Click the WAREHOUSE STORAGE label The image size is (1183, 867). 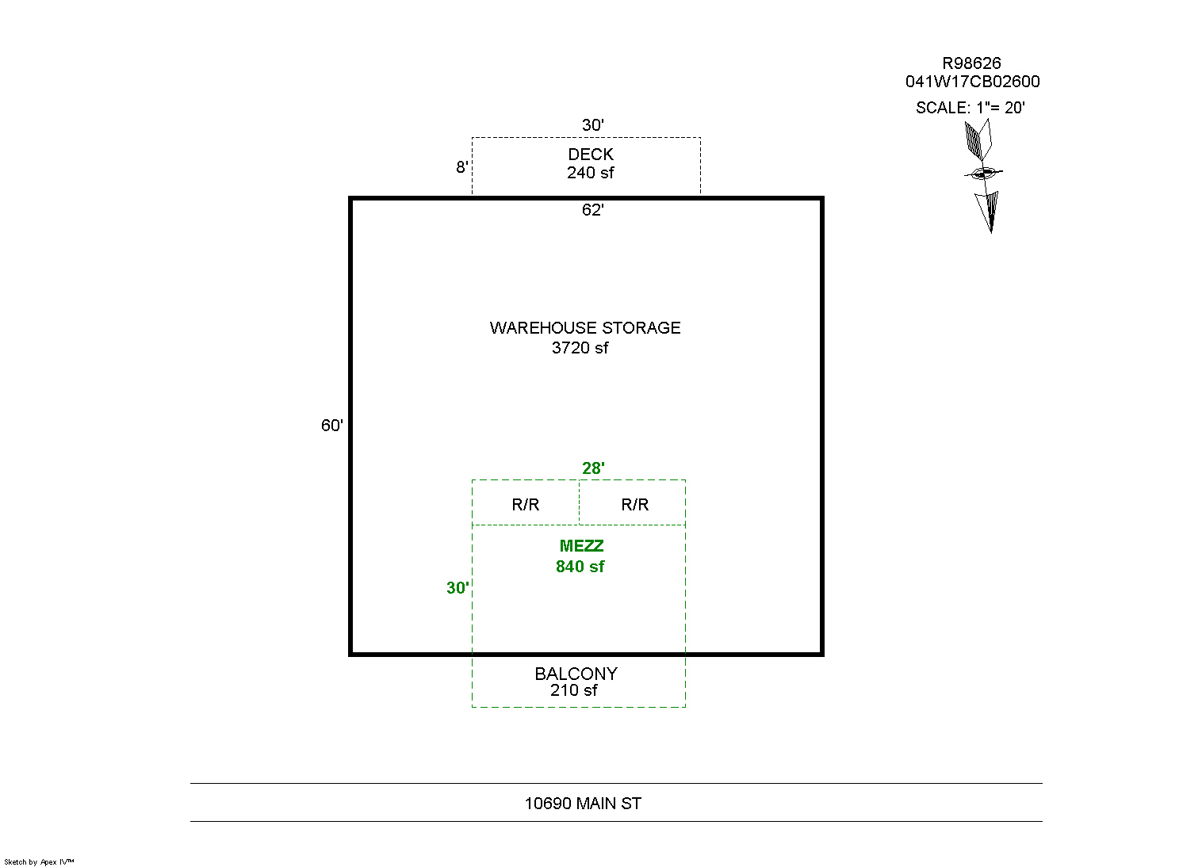pos(585,328)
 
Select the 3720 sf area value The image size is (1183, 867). pos(580,348)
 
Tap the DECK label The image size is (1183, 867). pos(591,155)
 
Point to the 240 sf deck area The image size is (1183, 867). pos(590,173)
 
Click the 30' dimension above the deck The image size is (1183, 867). pos(592,125)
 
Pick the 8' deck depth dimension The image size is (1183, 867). pos(462,167)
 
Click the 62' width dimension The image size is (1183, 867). pos(592,210)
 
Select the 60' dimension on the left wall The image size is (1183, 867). pos(332,426)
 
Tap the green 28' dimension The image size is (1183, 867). pos(593,468)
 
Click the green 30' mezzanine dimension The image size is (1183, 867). pos(458,588)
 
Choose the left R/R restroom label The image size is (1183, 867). pos(526,505)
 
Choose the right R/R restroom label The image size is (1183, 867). pos(634,505)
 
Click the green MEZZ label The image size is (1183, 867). pos(581,546)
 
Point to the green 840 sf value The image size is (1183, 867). pos(580,567)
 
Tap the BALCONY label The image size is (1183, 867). pos(576,674)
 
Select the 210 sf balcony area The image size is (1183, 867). pos(574,690)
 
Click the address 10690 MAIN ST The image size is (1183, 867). pos(583,804)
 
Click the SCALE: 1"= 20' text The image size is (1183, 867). pos(970,108)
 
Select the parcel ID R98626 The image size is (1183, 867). pos(971,63)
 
